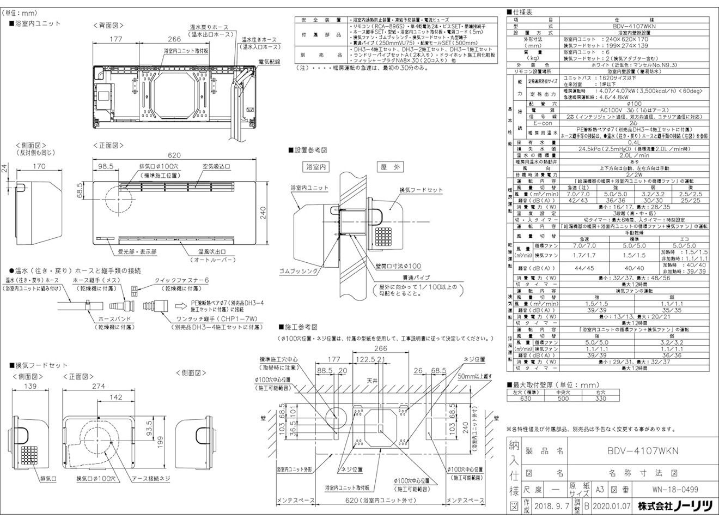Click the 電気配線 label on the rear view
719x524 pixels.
click(x=269, y=63)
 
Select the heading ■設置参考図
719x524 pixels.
click(x=307, y=149)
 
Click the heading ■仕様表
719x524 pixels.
click(x=521, y=11)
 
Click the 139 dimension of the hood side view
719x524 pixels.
click(x=31, y=386)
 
